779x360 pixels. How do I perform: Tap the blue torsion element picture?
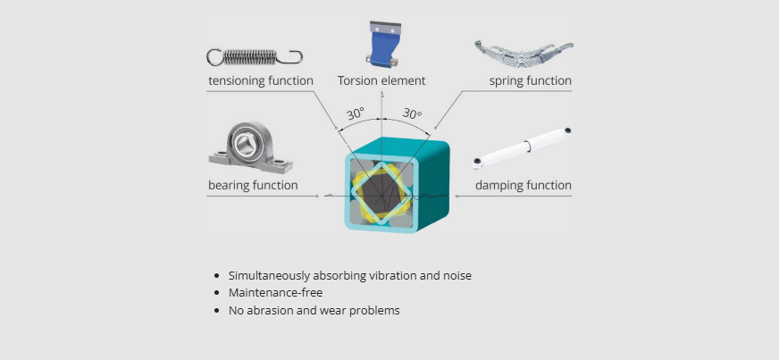[x=381, y=44]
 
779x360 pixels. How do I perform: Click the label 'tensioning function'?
[x=261, y=81]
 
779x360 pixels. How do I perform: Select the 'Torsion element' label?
[x=381, y=81]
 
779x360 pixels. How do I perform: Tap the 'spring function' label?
[x=530, y=81]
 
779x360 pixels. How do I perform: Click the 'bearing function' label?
[x=253, y=186]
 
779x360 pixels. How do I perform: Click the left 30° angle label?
[x=356, y=114]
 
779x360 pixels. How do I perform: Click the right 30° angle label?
[x=411, y=114]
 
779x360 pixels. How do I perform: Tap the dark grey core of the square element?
[x=381, y=189]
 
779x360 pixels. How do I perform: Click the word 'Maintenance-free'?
[x=275, y=293]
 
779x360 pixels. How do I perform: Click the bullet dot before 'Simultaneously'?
[x=217, y=276]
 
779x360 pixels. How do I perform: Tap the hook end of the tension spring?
[x=292, y=58]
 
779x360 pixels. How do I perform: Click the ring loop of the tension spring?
[x=214, y=57]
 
